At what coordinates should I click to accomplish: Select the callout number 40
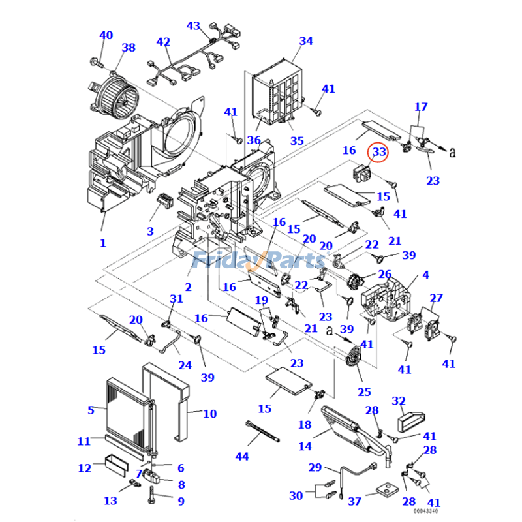[x=106, y=35]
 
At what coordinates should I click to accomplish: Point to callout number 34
[x=306, y=41]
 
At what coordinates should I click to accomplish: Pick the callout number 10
[x=209, y=414]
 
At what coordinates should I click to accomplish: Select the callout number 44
[x=242, y=456]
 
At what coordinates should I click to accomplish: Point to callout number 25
[x=363, y=391]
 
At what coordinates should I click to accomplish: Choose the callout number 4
[x=425, y=275]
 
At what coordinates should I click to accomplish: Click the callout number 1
[x=102, y=243]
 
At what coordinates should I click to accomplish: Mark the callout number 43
[x=194, y=25]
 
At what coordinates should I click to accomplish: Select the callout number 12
[x=85, y=468]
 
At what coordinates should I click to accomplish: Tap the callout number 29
[x=315, y=467]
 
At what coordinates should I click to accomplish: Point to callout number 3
[x=149, y=231]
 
